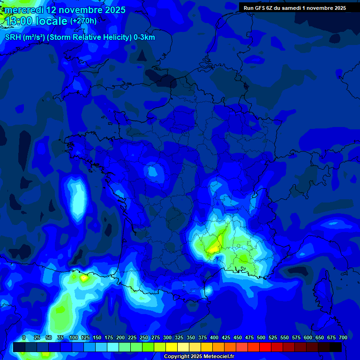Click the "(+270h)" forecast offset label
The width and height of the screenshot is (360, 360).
tap(83, 21)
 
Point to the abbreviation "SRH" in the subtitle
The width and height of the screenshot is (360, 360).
tap(13, 37)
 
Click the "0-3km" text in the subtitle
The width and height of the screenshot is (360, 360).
tap(144, 37)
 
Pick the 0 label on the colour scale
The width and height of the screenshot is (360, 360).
tap(24, 338)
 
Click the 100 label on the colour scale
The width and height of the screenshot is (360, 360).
tap(74, 338)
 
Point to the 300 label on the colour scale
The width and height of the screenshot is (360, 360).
tap(167, 338)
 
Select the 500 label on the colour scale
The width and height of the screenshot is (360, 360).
tap(261, 338)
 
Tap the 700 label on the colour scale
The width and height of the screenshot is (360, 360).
tap(343, 338)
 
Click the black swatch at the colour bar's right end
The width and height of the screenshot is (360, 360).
tap(336, 347)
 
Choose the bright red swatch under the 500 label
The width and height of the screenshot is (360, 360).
tap(265, 347)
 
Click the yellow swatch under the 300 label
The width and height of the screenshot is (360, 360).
tap(172, 347)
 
